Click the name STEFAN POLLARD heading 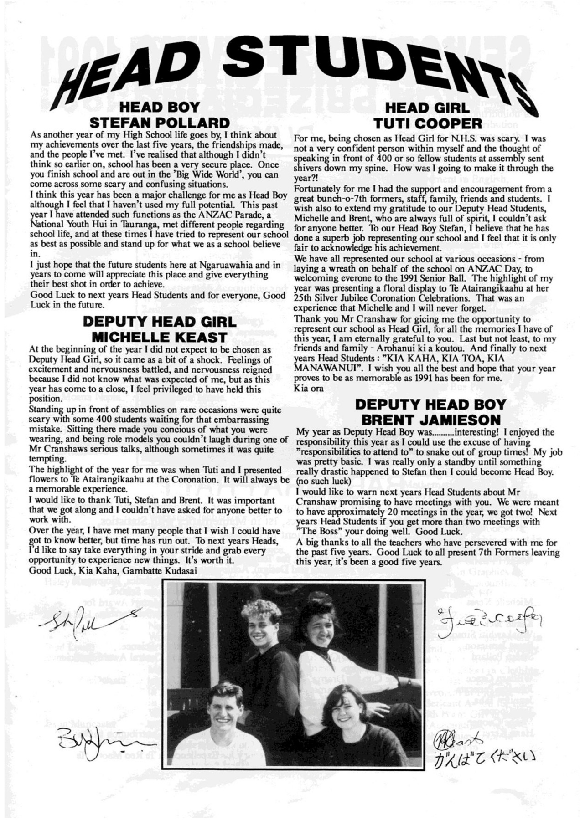point(160,123)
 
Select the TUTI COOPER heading point(427,123)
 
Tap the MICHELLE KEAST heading point(160,338)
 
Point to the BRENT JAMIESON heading point(430,420)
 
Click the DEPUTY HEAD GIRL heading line point(160,322)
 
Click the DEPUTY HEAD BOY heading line point(430,405)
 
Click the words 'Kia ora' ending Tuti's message point(309,388)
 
